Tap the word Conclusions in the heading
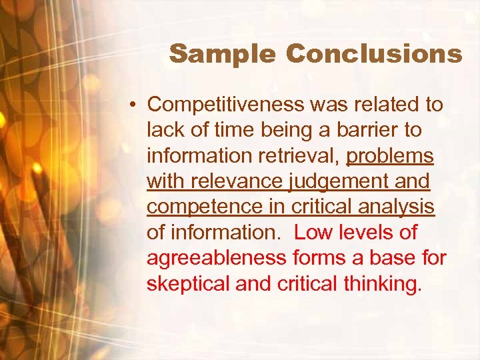click(369, 53)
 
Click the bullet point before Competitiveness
click(134, 105)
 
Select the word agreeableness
click(217, 257)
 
